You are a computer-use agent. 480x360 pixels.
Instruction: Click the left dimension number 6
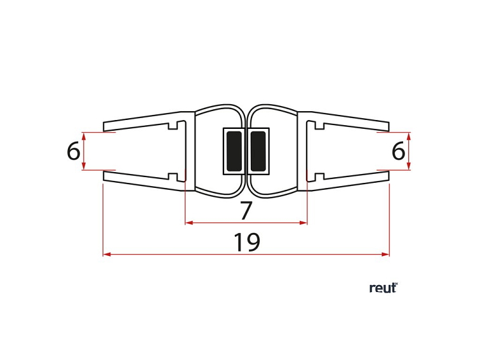pos(74,151)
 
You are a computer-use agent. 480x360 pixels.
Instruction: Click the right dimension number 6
pos(399,151)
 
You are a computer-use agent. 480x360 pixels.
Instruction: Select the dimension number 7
pos(246,210)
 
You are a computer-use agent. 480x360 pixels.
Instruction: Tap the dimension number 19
pos(247,242)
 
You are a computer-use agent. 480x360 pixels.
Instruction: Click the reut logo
pos(383,288)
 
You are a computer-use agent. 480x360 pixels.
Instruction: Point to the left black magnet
pos(234,151)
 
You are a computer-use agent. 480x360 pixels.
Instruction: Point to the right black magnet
pos(258,151)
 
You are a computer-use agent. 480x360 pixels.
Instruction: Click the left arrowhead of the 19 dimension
pos(107,254)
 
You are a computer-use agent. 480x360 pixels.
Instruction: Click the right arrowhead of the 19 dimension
pos(385,254)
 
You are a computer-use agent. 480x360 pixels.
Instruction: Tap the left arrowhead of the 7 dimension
pos(189,223)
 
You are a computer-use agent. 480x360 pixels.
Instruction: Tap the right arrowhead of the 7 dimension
pos(303,223)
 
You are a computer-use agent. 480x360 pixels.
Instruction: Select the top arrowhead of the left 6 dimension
pos(84,137)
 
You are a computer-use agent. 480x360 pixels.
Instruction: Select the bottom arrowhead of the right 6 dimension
pos(409,166)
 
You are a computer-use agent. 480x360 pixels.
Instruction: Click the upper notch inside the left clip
pos(173,126)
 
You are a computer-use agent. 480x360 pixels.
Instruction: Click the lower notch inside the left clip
pos(173,177)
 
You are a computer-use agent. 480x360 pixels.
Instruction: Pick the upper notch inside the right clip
pos(319,126)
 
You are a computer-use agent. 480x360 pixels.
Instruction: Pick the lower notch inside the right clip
pos(319,177)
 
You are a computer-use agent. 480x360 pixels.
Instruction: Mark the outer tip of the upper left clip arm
pos(103,127)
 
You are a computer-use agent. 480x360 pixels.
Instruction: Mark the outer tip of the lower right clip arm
pos(389,176)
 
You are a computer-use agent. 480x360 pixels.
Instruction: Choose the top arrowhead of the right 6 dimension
pos(409,137)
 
